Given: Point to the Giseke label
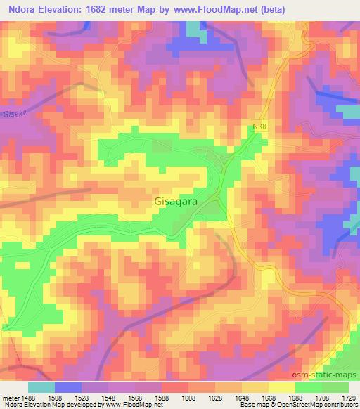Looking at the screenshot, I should tap(13, 113).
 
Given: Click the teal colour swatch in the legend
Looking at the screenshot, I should tap(41, 387).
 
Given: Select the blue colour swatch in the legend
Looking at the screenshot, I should tap(68, 387).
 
